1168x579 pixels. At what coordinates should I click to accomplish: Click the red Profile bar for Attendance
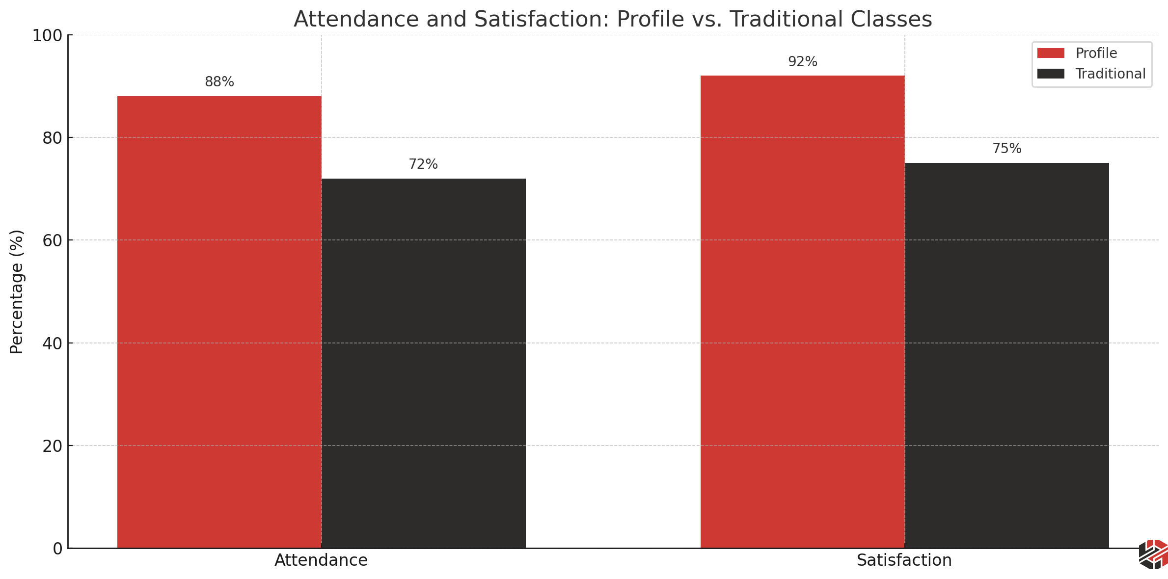click(x=219, y=321)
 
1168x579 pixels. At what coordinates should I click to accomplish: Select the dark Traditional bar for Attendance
click(x=423, y=363)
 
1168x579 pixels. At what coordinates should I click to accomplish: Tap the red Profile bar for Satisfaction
click(x=802, y=312)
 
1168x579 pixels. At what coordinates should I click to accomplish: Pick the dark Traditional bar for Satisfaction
click(x=1006, y=355)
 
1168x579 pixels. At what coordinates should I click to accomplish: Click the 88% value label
click(x=219, y=82)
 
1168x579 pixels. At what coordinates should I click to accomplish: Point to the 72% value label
click(x=423, y=164)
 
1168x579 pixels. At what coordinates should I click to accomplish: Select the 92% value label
click(x=803, y=62)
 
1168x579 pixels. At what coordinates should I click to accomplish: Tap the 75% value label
click(x=1007, y=149)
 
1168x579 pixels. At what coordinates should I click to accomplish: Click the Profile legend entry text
click(x=1096, y=53)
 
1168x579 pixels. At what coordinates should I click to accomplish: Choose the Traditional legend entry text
click(x=1110, y=74)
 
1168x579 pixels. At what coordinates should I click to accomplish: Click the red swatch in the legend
click(x=1051, y=53)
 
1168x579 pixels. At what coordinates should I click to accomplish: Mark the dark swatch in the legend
click(x=1051, y=74)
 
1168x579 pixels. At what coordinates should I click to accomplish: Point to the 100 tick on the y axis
click(x=47, y=36)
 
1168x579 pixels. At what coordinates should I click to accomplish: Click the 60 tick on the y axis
click(x=52, y=241)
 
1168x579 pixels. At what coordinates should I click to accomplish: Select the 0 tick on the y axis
click(x=57, y=549)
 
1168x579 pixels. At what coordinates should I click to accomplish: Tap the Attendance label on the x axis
click(x=321, y=560)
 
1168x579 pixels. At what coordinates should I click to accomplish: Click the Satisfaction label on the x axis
click(x=904, y=560)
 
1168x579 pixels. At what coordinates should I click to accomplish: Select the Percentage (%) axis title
click(x=17, y=291)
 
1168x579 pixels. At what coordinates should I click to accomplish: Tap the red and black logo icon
click(x=1153, y=554)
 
